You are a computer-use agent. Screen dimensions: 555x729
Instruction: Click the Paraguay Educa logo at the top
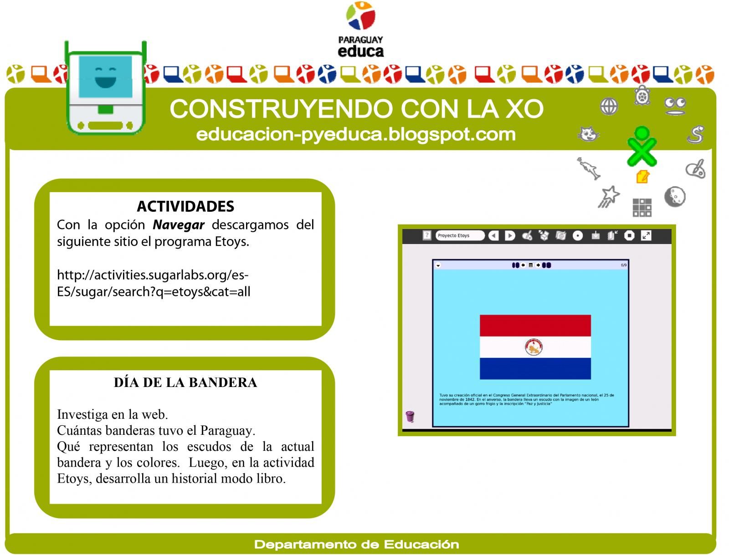coord(360,30)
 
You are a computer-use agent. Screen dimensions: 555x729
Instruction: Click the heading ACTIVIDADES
coord(185,206)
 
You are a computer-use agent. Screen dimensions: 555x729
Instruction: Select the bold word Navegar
coord(179,225)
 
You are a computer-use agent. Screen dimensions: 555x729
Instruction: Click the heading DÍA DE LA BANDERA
coord(185,382)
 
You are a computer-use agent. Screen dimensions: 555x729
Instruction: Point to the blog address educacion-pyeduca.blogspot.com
coord(356,134)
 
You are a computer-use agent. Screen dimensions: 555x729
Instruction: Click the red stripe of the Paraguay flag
coord(535,326)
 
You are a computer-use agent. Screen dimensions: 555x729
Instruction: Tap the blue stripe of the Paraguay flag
coord(535,368)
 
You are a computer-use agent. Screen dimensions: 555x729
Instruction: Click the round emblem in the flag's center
coord(534,347)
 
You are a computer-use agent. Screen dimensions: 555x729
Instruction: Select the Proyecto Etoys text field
coord(459,235)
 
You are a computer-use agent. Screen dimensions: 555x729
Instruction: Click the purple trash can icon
coord(410,416)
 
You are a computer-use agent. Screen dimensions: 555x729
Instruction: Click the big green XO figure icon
coord(642,147)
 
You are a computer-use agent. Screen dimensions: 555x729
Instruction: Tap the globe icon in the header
coord(609,107)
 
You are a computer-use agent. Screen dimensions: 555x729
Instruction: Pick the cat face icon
coord(588,134)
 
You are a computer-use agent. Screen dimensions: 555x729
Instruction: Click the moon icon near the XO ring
coord(674,197)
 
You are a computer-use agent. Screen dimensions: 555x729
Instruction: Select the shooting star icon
coord(609,197)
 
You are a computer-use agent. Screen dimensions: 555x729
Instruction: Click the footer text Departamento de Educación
coord(356,545)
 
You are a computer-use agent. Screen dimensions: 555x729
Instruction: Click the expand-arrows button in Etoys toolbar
coord(646,235)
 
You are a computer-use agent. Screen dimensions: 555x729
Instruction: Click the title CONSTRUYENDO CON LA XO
coord(356,109)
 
